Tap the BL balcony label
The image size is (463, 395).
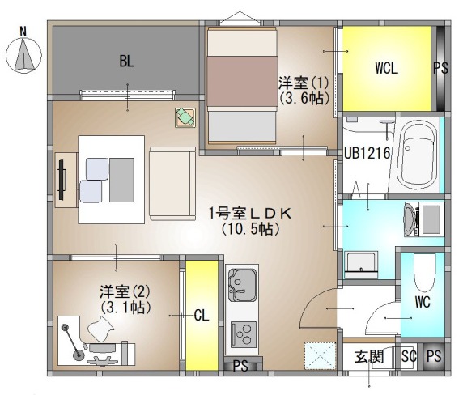(127, 61)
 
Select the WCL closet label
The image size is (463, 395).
(387, 68)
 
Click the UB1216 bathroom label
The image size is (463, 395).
(367, 153)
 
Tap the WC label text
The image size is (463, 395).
(423, 302)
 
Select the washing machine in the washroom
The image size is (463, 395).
(423, 219)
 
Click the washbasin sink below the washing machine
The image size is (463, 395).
(361, 265)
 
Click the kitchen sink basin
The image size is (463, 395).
(242, 285)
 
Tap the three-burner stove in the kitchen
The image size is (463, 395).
(244, 334)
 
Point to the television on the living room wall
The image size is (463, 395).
(62, 180)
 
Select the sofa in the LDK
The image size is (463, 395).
(172, 184)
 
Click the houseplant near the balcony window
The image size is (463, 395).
(185, 117)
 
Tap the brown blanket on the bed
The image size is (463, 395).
(242, 82)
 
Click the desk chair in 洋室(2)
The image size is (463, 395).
(101, 329)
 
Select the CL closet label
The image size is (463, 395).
(202, 316)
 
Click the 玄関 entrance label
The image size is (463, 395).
(369, 356)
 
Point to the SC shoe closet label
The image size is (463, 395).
(409, 355)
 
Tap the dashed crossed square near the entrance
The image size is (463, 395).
(320, 355)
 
